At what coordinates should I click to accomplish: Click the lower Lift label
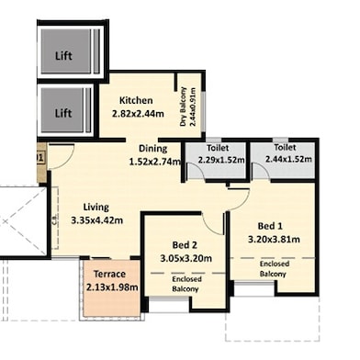pyautogui.click(x=62, y=114)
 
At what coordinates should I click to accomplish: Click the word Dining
pyautogui.click(x=152, y=149)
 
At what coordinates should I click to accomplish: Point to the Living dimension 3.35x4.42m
pyautogui.click(x=96, y=220)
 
